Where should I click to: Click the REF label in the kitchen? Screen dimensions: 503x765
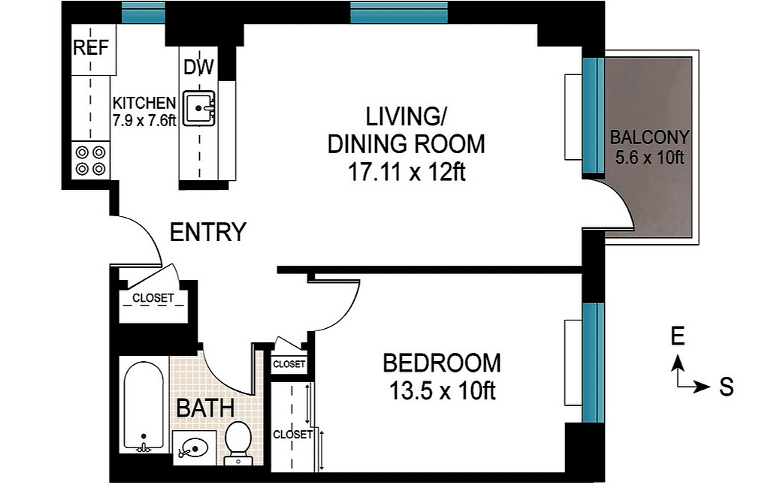91,48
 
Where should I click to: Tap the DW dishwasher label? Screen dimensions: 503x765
199,68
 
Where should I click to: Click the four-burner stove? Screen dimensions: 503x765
90,160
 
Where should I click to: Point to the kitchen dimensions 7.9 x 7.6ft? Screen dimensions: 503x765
144,119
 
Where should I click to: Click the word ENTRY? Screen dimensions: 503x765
207,233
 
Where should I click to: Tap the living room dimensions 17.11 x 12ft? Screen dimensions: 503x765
406,172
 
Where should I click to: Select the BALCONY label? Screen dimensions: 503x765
649,137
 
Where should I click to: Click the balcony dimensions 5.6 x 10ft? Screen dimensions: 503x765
649,158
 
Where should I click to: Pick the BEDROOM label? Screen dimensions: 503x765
441,363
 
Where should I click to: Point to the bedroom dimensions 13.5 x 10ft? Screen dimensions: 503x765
441,391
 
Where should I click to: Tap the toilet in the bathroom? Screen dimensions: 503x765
239,442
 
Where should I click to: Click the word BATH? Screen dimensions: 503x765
205,409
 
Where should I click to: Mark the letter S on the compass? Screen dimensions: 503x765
726,387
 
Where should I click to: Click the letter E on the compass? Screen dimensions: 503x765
678,337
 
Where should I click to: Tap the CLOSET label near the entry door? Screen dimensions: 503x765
153,298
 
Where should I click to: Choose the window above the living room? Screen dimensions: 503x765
398,12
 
